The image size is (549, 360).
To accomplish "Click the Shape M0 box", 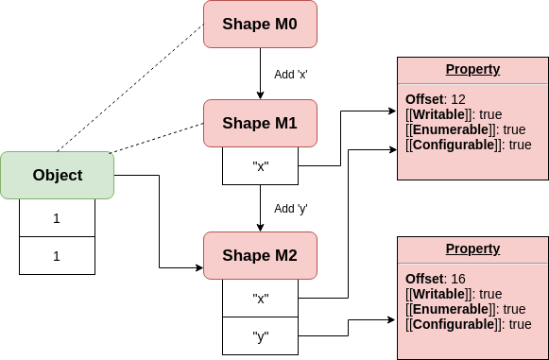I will [260, 24].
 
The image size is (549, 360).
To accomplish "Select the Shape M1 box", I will [260, 123].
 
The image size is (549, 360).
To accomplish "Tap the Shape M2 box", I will [260, 256].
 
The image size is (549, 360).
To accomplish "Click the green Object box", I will [57, 175].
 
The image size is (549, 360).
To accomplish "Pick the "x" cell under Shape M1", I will [260, 166].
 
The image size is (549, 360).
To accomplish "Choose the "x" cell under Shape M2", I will [260, 299].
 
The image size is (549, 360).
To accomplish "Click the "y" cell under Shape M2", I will [260, 335].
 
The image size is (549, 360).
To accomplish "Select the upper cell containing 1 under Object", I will [57, 218].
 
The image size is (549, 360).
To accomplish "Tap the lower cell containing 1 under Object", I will [57, 255].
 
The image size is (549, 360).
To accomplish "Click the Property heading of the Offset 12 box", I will [472, 70].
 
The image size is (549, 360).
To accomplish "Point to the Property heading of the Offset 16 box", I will [472, 249].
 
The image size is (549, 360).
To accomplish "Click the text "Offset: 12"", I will [436, 99].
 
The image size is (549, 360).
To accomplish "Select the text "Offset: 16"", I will [436, 279].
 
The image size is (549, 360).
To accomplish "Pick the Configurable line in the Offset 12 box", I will [468, 145].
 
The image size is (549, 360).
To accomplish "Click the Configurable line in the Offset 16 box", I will [468, 324].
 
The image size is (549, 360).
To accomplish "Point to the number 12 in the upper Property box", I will [458, 99].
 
